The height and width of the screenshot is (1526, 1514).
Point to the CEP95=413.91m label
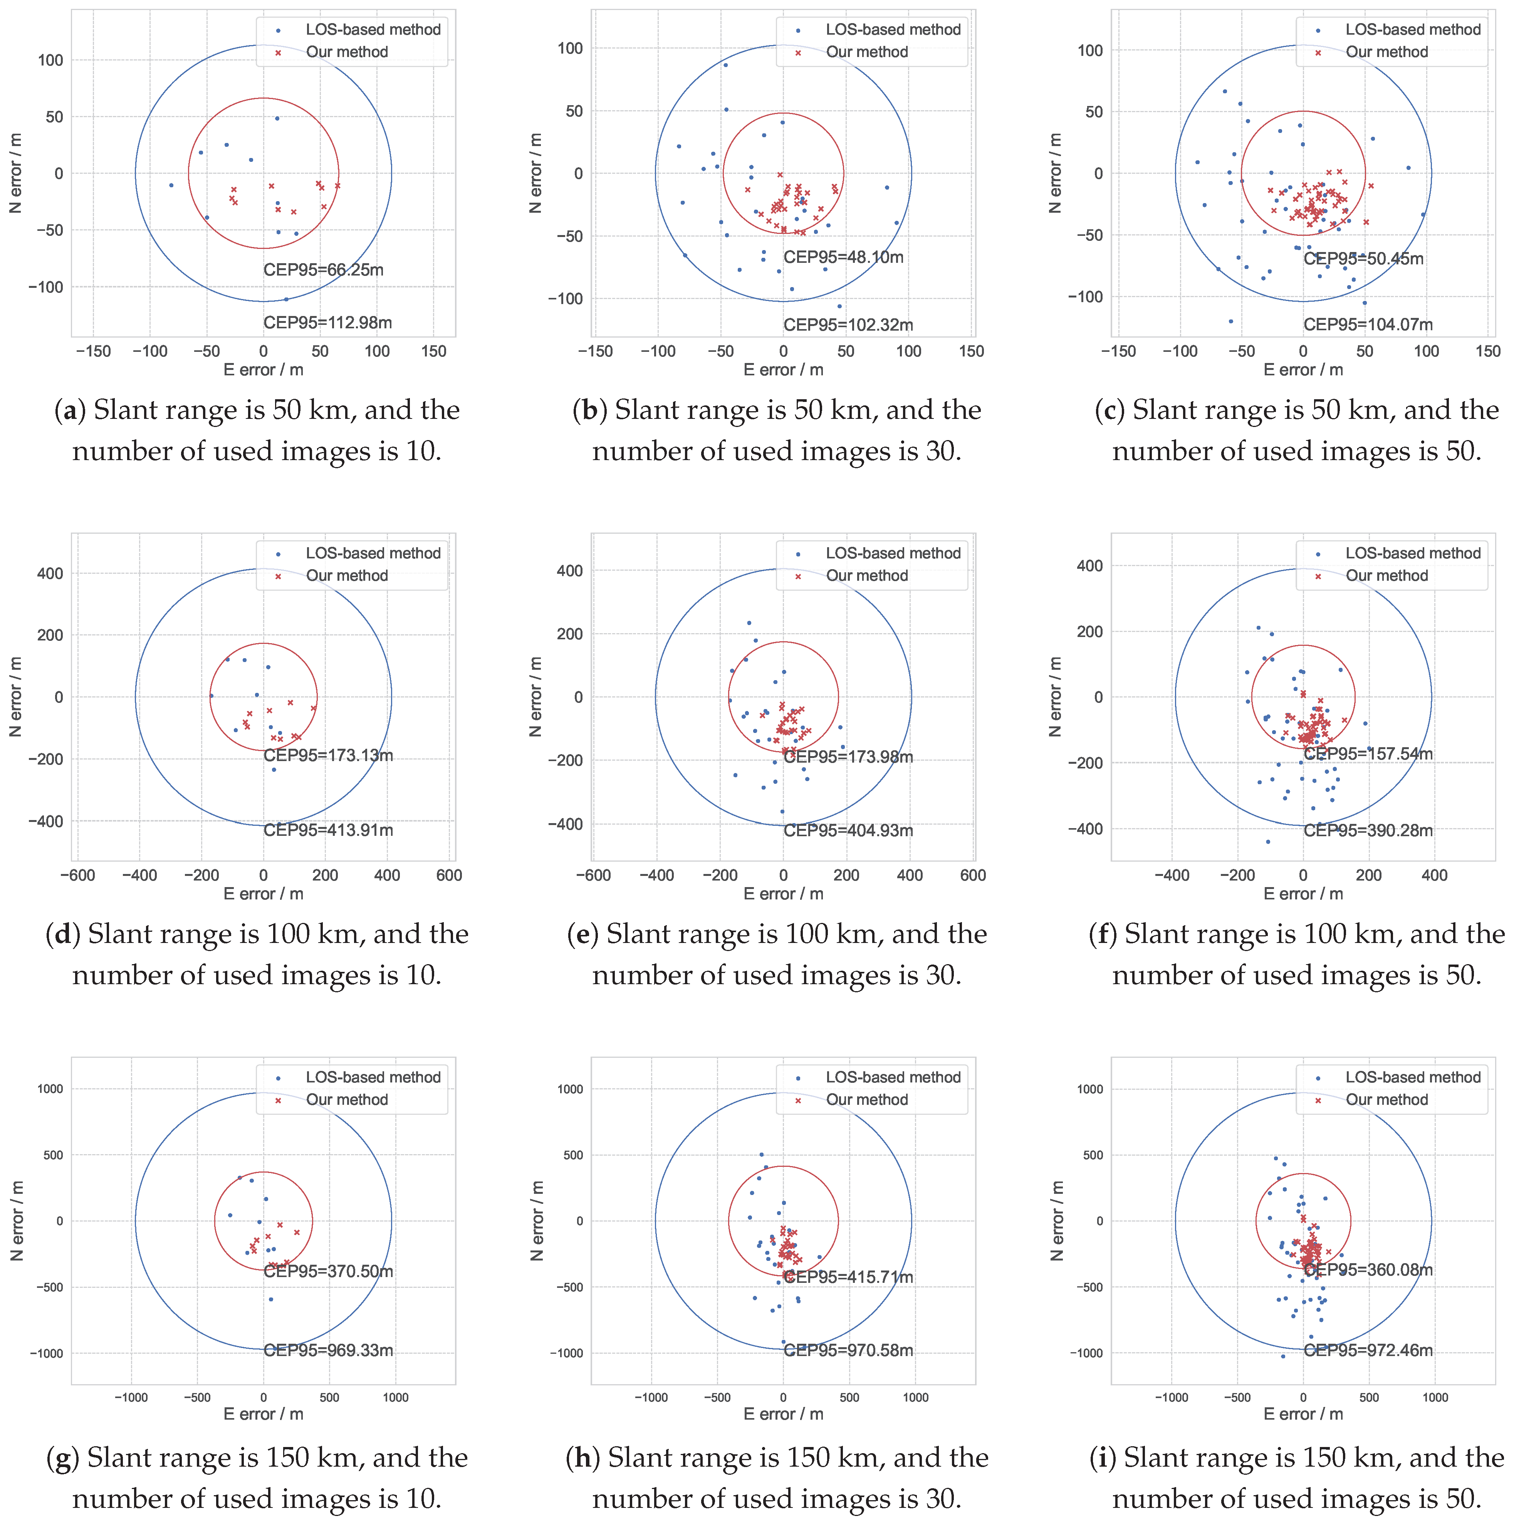tap(328, 830)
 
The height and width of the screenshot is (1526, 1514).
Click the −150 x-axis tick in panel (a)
tap(93, 351)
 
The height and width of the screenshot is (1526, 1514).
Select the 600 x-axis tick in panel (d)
tap(448, 875)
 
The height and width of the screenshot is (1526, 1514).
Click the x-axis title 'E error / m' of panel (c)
tap(1303, 370)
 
